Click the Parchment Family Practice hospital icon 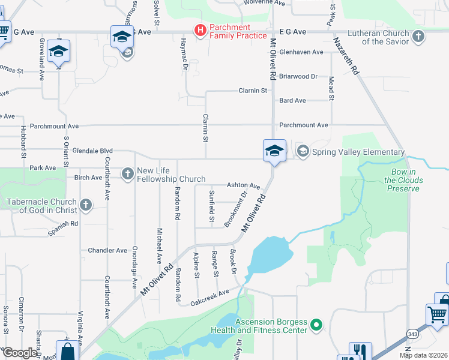(x=200, y=30)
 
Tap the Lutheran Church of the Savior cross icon (x=418, y=37)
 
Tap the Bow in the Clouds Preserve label (x=403, y=181)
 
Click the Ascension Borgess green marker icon (x=317, y=326)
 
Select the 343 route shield (x=412, y=333)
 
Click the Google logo (x=19, y=353)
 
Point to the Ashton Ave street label (x=243, y=186)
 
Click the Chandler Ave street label (x=107, y=250)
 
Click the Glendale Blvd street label (x=92, y=151)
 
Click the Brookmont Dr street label (x=236, y=209)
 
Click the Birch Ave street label (x=89, y=178)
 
